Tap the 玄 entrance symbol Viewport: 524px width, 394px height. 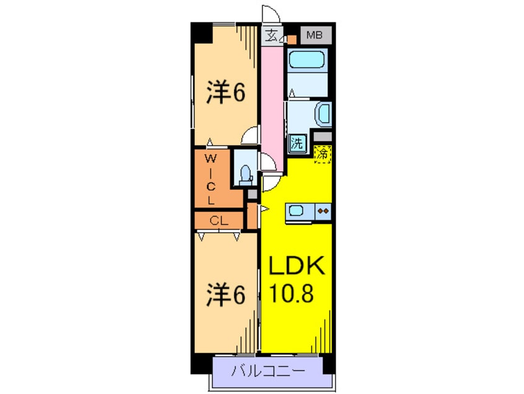[x=271, y=35]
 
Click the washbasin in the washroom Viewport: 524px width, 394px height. [x=323, y=115]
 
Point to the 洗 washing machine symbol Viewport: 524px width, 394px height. [x=297, y=144]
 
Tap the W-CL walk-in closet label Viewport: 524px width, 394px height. [x=211, y=180]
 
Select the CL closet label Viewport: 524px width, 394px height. [x=217, y=220]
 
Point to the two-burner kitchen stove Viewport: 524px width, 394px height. [x=323, y=211]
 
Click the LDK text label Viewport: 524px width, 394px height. [x=296, y=268]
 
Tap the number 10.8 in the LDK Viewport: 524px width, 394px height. [x=291, y=292]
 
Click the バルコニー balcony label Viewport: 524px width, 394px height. [x=268, y=372]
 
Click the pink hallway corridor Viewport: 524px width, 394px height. [x=271, y=99]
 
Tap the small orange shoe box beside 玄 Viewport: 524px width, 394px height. [x=290, y=39]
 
